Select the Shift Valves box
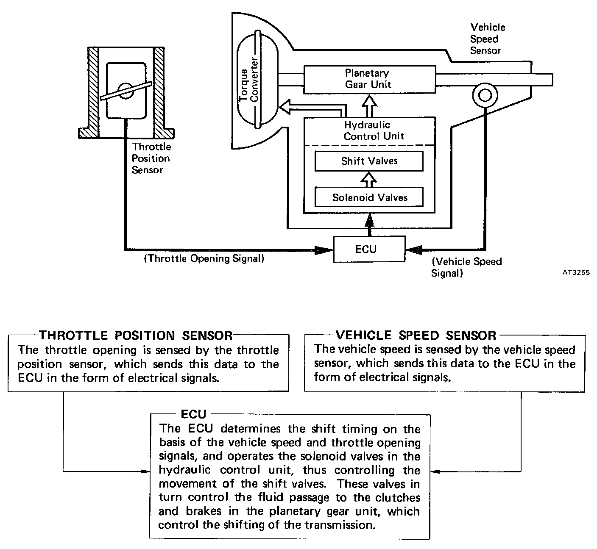coord(369,161)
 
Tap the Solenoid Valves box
coord(369,197)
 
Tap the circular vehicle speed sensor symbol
coord(484,95)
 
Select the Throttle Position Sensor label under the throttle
coord(151,158)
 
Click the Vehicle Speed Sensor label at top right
coord(487,39)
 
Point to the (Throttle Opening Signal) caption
coord(204,258)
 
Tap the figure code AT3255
coord(576,273)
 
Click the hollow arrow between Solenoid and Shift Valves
coord(369,179)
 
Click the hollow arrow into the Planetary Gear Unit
coord(371,105)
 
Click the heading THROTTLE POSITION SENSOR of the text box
coord(136,336)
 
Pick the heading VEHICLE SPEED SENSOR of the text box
coord(416,335)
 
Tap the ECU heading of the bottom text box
coord(193,414)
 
